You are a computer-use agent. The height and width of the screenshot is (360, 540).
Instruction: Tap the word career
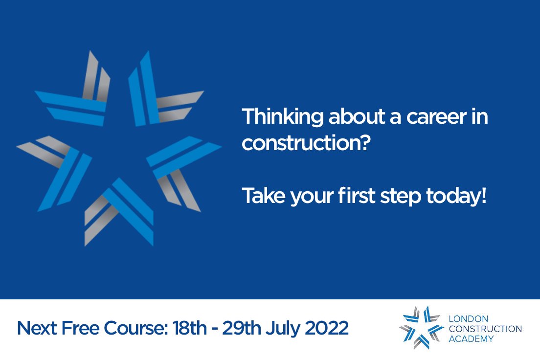[x=429, y=117]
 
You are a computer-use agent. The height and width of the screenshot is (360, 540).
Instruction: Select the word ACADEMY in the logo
[x=471, y=338]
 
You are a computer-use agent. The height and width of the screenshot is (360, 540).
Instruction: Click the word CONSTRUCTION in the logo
[x=485, y=329]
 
